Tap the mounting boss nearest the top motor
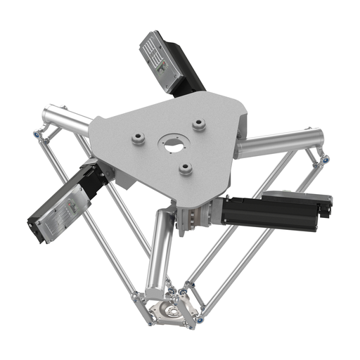199,124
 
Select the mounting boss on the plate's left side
138,139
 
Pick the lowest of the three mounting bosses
185,167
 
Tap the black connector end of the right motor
324,207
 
